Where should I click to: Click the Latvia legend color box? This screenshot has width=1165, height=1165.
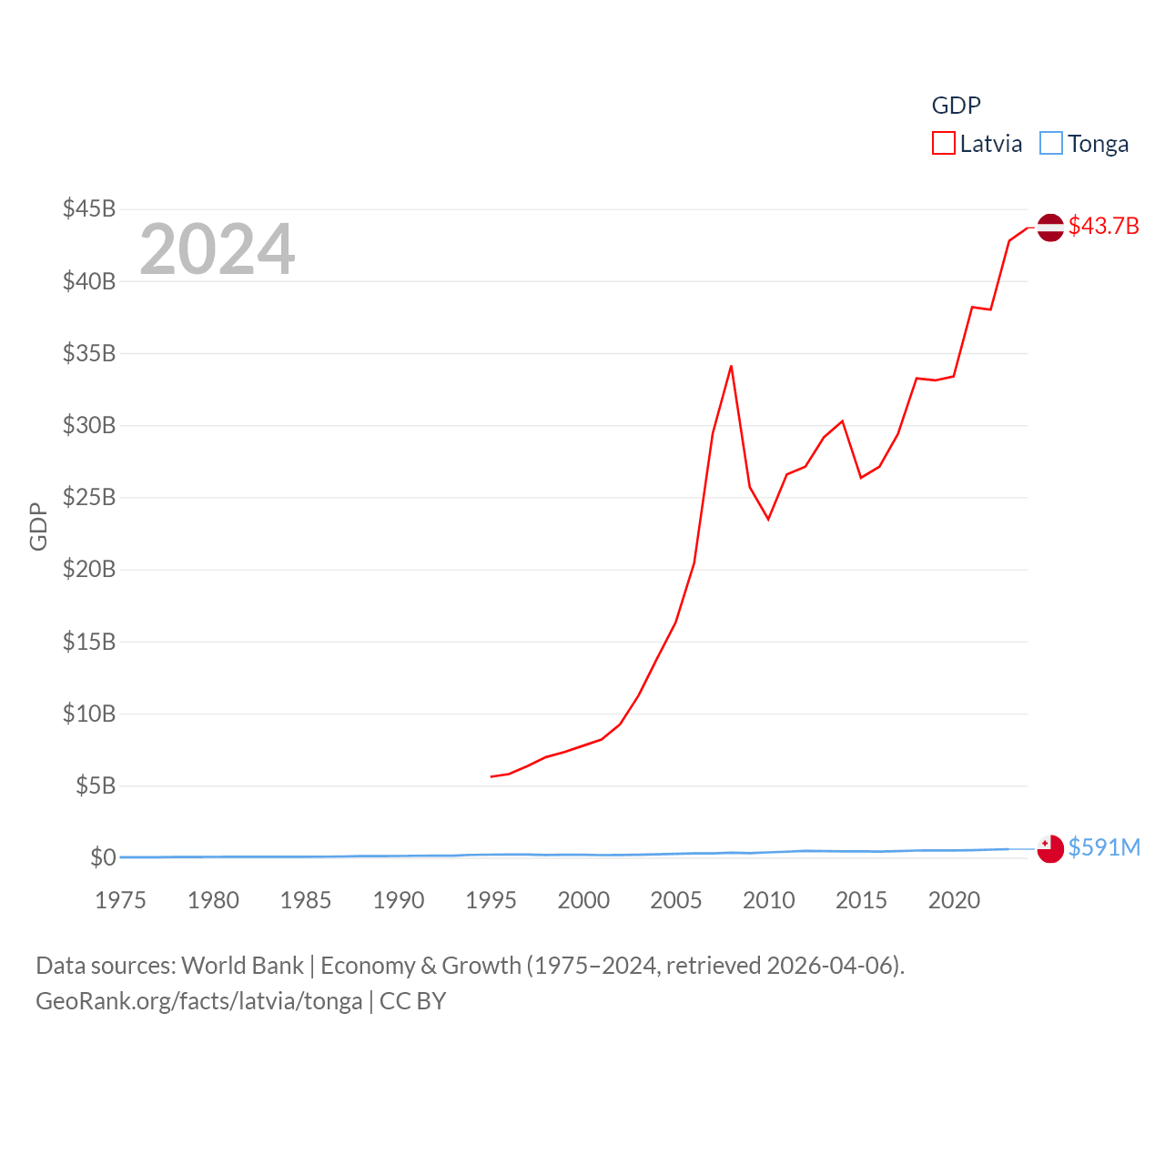click(x=943, y=144)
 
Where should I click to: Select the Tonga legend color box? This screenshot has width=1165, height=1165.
click(x=1050, y=144)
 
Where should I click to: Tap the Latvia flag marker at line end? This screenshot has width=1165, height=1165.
click(x=1050, y=227)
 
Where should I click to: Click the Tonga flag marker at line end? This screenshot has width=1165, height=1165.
click(x=1050, y=848)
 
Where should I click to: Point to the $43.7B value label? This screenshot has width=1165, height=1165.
click(x=1103, y=226)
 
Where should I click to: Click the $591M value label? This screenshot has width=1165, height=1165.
click(x=1104, y=847)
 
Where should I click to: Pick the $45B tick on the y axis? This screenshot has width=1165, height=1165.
click(x=89, y=208)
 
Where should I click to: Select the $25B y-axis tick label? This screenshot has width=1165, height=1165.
click(x=89, y=497)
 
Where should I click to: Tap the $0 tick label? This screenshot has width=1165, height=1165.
click(x=103, y=857)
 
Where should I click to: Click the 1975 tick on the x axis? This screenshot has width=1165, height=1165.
click(x=120, y=900)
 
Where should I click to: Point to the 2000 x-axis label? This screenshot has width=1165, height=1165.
click(x=583, y=900)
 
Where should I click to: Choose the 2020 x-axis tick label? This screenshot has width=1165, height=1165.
click(x=954, y=900)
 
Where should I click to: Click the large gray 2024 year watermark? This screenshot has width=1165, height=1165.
click(x=218, y=249)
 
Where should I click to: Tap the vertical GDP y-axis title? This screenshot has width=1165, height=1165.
click(x=38, y=526)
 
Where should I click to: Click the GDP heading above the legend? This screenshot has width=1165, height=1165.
click(x=956, y=106)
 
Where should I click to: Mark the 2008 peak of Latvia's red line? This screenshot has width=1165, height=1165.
click(x=731, y=366)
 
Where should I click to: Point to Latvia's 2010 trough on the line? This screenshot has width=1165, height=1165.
click(x=768, y=519)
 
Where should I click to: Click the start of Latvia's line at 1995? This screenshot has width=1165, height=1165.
click(x=491, y=776)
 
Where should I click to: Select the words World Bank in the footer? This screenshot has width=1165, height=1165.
click(x=242, y=965)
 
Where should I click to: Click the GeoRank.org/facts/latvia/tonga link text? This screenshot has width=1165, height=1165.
click(x=198, y=1001)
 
